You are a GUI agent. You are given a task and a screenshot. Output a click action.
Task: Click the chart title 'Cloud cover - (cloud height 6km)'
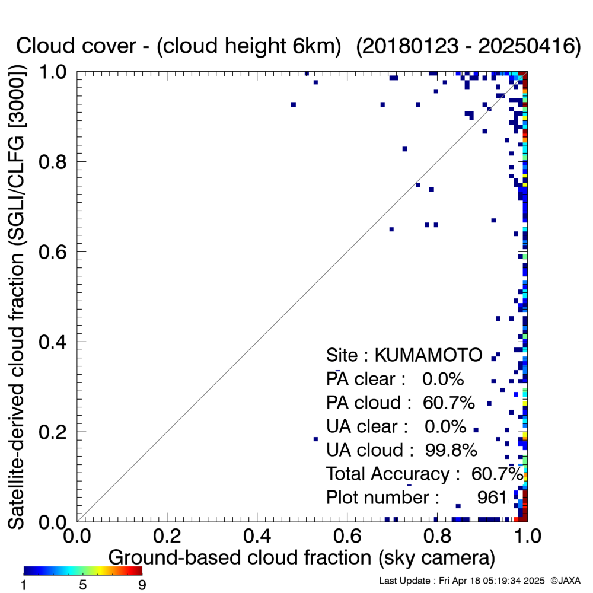pos(178,46)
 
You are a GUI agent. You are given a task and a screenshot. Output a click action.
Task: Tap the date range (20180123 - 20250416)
pos(468,46)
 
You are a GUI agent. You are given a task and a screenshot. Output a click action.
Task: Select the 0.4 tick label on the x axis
pos(257,536)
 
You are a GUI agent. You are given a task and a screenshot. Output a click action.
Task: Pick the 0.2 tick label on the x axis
pos(167,536)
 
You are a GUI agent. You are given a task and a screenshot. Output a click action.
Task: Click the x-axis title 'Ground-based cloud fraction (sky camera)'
pos(302,557)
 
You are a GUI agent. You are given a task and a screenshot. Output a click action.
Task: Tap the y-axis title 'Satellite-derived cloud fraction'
pos(16,391)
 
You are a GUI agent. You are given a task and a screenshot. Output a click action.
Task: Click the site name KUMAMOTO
pos(428,355)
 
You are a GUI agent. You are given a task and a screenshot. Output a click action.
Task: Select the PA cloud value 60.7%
pos(448,403)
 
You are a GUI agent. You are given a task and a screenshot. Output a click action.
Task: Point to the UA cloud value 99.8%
pos(451,450)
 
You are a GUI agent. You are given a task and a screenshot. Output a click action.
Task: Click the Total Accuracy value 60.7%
pos(498,474)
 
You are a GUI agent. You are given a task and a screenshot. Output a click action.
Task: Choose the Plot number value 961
pos(492,498)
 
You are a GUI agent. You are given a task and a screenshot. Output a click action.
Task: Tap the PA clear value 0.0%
pos(443,379)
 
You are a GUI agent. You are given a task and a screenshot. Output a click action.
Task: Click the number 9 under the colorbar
pos(142,585)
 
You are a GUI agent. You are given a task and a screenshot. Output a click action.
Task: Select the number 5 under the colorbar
pos(83,585)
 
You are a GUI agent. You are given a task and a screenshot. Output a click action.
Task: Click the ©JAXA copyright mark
pos(565,581)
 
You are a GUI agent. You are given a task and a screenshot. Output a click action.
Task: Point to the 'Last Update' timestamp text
pos(462,581)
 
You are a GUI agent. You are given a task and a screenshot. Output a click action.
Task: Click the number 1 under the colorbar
pos(24,585)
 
